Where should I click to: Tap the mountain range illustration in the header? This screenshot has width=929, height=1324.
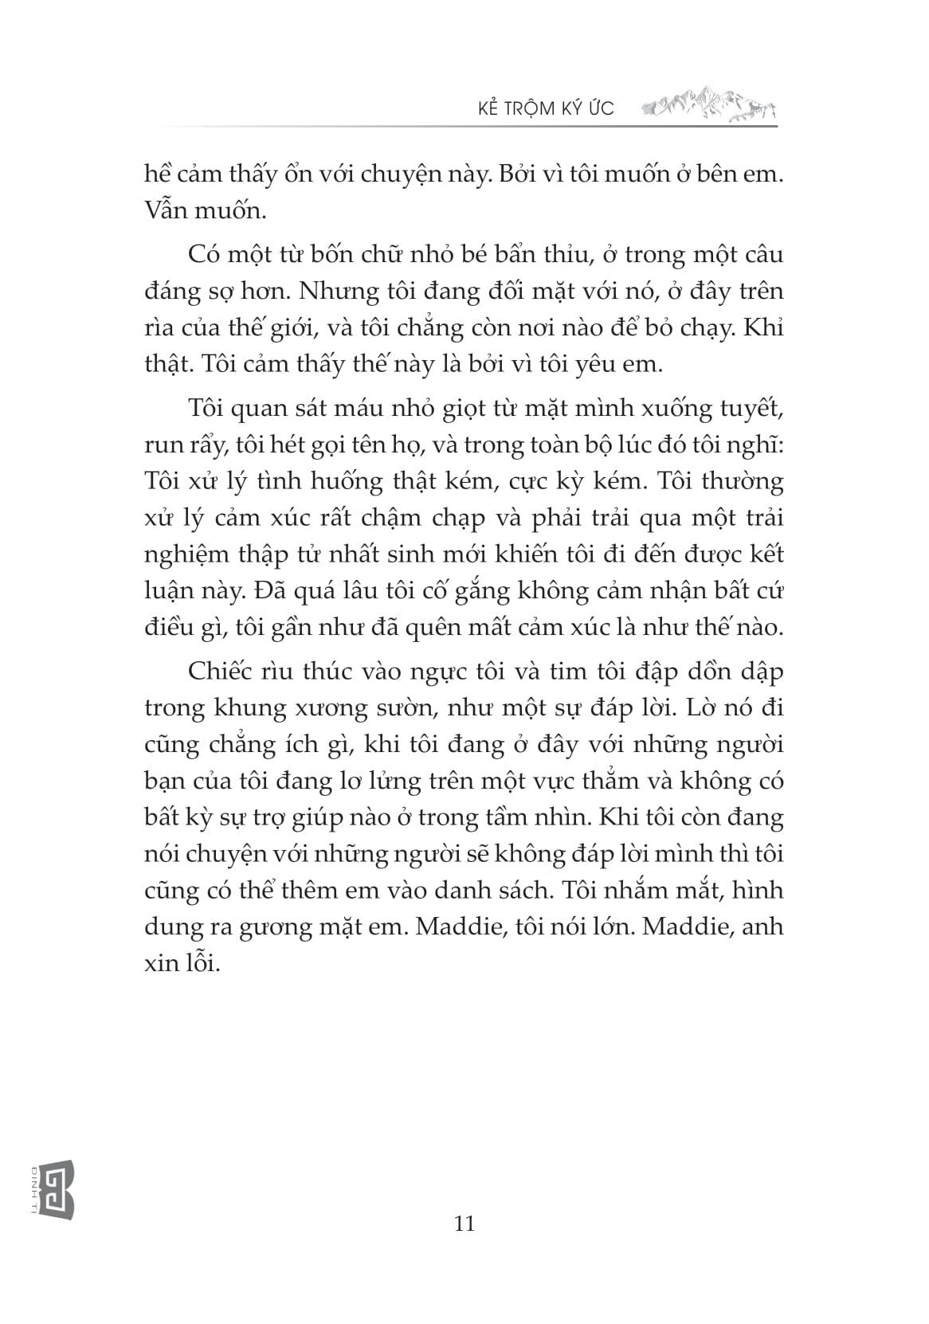[708, 105]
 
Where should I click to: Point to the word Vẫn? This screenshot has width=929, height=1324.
[166, 211]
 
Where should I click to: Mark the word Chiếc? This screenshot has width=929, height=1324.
[218, 671]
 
